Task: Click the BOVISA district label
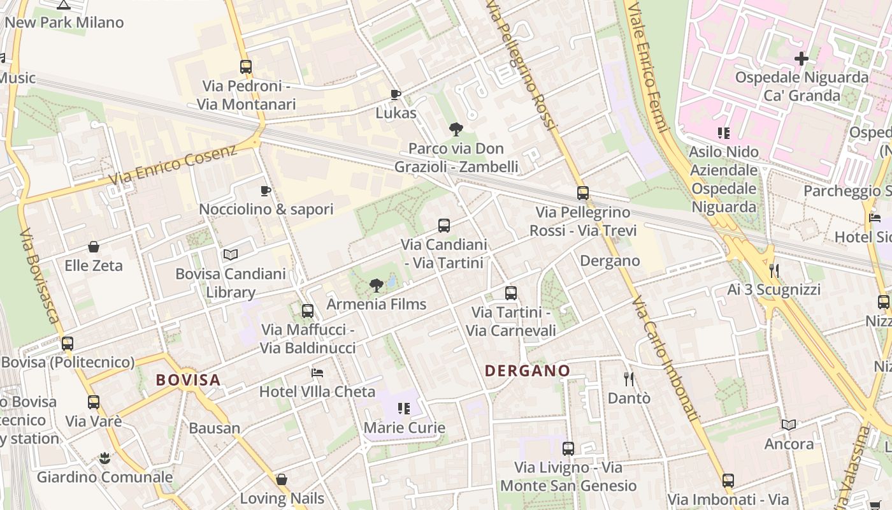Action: (x=188, y=380)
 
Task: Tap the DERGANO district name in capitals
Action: (x=528, y=370)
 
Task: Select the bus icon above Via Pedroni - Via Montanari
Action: (x=246, y=66)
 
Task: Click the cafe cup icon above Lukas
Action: (x=396, y=95)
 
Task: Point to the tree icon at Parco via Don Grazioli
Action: (x=456, y=130)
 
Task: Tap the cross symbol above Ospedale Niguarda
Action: (x=801, y=59)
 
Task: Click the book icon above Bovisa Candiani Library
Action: (x=231, y=255)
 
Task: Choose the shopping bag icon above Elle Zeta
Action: (x=94, y=247)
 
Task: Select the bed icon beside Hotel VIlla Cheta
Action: (x=317, y=372)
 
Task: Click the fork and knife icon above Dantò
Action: (x=629, y=379)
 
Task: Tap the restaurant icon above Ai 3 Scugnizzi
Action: (x=774, y=271)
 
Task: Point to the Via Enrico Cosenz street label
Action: (x=173, y=164)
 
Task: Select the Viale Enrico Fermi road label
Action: (x=647, y=64)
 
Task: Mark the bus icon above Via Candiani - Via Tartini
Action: (x=444, y=225)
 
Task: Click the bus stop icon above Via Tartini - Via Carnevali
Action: (x=511, y=293)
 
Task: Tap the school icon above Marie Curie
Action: (x=403, y=408)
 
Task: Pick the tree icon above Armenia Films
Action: (x=377, y=285)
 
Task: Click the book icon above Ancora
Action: (x=789, y=425)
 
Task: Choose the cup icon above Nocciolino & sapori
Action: (x=266, y=191)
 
